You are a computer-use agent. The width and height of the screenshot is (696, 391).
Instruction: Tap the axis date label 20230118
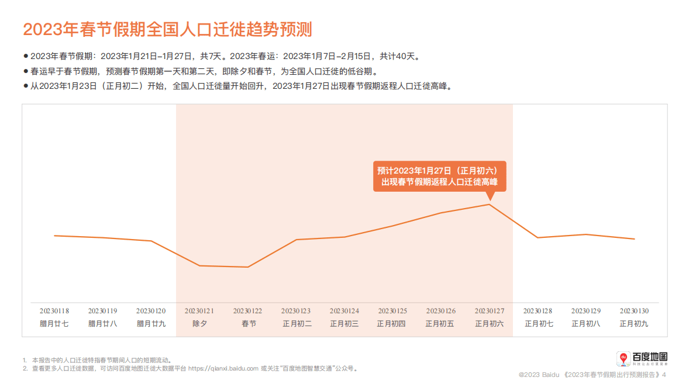54,311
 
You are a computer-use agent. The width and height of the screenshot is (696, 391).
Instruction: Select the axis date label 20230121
199,311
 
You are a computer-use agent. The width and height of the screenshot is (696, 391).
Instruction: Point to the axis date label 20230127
489,311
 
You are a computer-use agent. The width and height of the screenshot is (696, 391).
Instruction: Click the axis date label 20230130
634,311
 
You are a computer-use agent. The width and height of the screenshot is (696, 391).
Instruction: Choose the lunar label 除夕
199,323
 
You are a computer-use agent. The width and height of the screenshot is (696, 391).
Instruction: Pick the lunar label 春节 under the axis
249,323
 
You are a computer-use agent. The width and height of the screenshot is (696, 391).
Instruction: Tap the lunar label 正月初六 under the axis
489,323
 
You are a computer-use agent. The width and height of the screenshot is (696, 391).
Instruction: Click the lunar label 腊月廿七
54,323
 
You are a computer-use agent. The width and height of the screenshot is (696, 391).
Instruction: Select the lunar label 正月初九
634,323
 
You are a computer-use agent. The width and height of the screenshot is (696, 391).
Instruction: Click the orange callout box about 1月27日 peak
439,176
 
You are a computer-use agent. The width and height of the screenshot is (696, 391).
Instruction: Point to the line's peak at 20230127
489,204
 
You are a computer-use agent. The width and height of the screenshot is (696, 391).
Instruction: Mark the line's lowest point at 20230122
248,267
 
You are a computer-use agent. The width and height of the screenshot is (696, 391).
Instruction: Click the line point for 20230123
297,240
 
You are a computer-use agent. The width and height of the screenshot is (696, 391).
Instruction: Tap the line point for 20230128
537,237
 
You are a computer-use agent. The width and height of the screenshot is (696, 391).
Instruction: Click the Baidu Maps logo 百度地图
642,358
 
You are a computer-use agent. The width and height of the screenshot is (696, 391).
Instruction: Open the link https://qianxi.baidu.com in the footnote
223,369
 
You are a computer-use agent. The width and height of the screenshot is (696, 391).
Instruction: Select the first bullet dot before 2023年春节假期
26,56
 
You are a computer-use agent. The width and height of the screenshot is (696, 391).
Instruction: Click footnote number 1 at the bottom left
25,361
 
